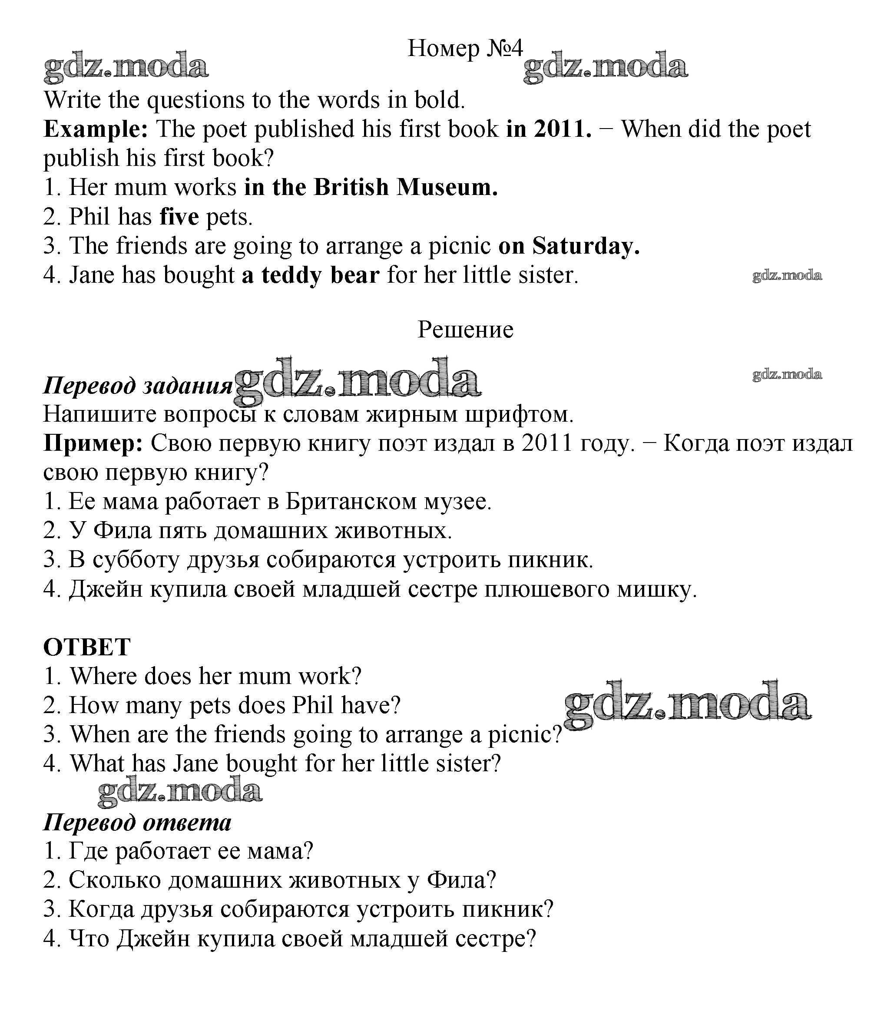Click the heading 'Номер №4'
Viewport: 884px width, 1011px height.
pos(465,48)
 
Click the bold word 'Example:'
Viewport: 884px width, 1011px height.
pos(96,129)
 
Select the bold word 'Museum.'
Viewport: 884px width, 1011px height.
pos(447,188)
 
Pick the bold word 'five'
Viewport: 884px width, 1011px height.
pos(179,217)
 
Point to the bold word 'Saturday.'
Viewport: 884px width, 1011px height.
pos(586,246)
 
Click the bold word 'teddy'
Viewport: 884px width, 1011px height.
pos(291,275)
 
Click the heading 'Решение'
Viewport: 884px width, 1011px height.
pos(465,330)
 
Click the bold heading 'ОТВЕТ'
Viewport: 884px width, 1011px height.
pos(87,647)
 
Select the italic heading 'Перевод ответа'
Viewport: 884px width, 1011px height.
pos(137,822)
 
